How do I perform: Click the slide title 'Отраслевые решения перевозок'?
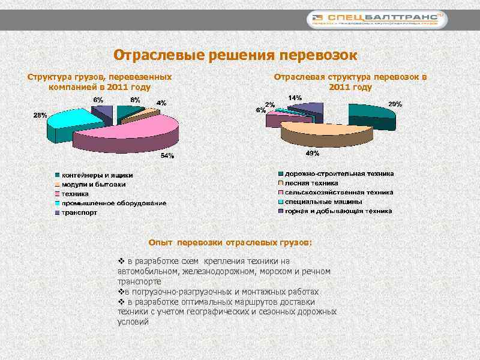coord(235,55)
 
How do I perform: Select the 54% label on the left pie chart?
coord(167,156)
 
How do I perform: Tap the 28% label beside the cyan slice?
coord(40,115)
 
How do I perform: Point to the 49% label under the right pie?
coord(312,154)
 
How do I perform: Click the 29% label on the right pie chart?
coord(395,104)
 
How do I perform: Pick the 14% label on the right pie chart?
coord(295,97)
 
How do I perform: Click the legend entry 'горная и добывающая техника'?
coord(338,211)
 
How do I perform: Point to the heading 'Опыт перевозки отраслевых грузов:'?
coord(230,243)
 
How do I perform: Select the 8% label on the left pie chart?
coord(136,100)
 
